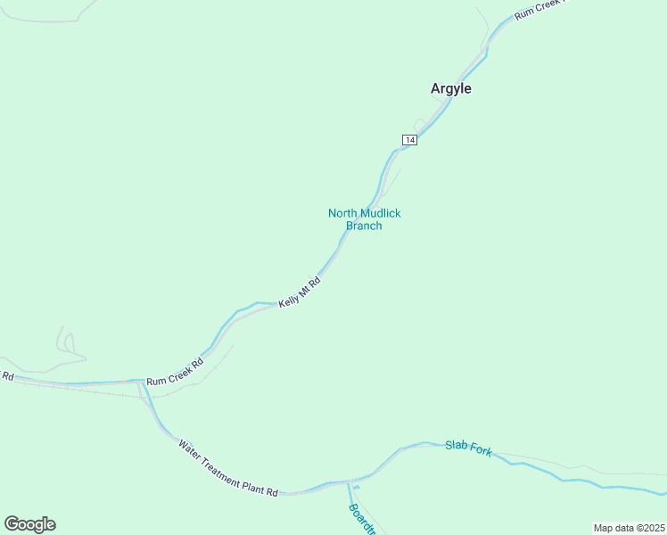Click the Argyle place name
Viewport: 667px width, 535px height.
click(x=450, y=88)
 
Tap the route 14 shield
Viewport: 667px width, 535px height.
click(x=409, y=140)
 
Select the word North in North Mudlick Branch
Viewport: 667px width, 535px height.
click(x=342, y=213)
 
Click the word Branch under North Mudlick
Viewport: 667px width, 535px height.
click(x=364, y=226)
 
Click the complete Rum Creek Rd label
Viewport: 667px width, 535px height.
click(x=175, y=372)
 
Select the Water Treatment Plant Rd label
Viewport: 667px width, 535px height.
click(x=227, y=468)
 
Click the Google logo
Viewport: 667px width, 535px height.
click(x=29, y=524)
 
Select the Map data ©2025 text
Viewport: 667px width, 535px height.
click(x=629, y=528)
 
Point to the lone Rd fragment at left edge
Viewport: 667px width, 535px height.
click(x=7, y=375)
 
